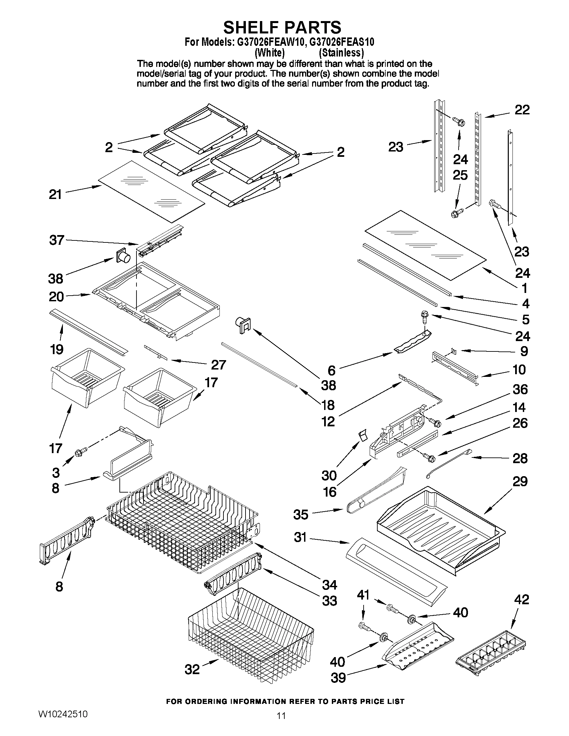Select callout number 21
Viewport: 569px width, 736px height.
pos(55,194)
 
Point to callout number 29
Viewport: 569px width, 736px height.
pos(519,482)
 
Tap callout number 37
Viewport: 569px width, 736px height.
pos(56,240)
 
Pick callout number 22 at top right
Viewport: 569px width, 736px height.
pos(522,110)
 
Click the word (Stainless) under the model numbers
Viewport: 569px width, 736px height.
pos(341,52)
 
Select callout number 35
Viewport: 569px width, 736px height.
pos(301,515)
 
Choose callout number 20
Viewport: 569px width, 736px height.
pos(56,297)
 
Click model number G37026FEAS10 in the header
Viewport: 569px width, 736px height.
pos(342,42)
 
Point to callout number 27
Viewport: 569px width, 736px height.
pos(218,364)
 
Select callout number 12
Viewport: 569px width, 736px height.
pos(327,421)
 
